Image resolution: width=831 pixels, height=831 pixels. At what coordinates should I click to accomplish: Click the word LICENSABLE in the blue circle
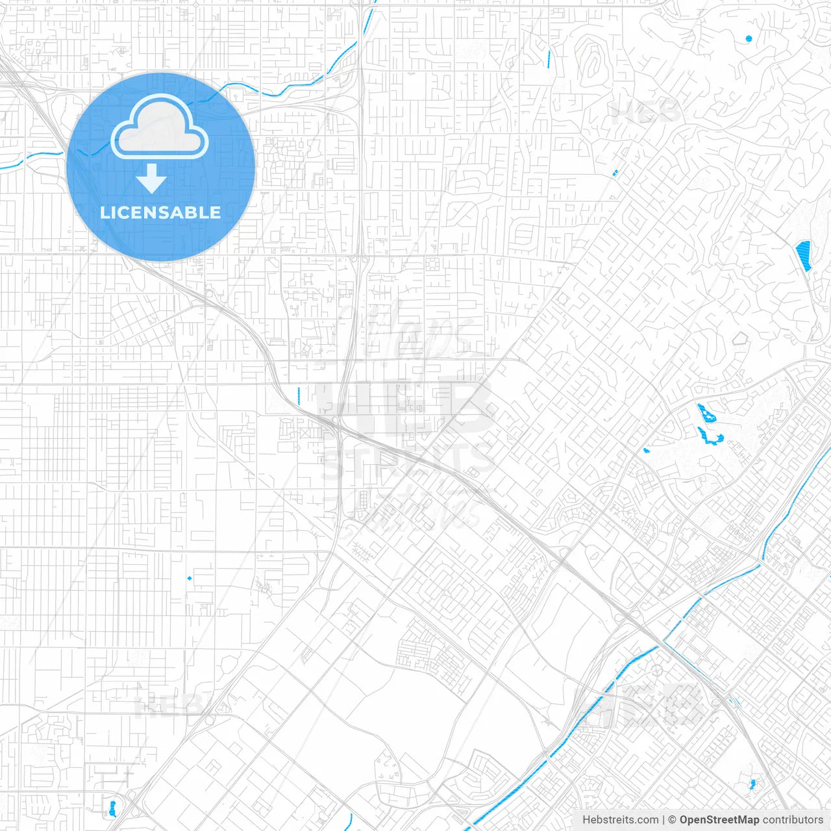(160, 212)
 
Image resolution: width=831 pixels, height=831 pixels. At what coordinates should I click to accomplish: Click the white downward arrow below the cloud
(152, 179)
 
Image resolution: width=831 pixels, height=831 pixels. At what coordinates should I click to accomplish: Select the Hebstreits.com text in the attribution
(620, 820)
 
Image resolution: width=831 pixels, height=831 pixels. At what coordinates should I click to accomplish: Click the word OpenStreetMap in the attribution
(719, 820)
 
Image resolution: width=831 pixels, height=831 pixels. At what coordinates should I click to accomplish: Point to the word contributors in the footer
(793, 820)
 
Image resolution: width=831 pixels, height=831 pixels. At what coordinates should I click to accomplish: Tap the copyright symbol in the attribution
(673, 820)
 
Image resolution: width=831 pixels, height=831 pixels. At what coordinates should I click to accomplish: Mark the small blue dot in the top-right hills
(749, 39)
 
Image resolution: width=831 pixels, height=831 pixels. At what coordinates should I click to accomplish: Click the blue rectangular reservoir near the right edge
(804, 255)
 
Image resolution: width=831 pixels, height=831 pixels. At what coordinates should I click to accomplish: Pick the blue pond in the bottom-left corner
(112, 808)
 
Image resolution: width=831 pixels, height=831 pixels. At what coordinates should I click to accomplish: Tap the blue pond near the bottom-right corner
(752, 784)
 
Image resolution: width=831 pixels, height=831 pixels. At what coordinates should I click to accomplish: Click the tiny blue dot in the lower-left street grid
(190, 578)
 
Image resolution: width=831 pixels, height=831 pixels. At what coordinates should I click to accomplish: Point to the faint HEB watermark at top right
(646, 112)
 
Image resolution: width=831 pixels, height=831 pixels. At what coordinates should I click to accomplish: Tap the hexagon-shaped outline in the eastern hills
(739, 338)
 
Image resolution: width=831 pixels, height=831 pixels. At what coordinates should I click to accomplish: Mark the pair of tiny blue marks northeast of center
(615, 173)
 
